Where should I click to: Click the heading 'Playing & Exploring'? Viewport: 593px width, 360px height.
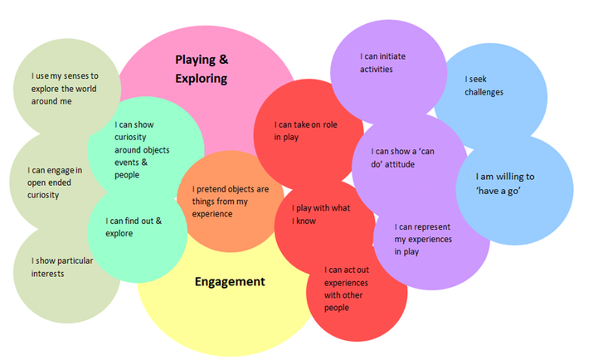[x=201, y=69]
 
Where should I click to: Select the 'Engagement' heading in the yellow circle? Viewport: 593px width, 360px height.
[x=230, y=281]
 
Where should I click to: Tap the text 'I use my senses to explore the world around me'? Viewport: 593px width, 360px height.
[x=59, y=88]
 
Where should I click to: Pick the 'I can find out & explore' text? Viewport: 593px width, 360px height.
[x=134, y=226]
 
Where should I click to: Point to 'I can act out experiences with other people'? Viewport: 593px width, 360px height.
[x=346, y=289]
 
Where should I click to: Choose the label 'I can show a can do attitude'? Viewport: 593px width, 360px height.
[x=405, y=158]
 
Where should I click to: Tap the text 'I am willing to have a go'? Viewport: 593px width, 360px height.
[x=504, y=183]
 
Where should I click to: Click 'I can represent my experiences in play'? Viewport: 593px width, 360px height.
[x=423, y=239]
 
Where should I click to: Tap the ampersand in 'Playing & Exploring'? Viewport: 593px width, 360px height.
[x=223, y=60]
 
